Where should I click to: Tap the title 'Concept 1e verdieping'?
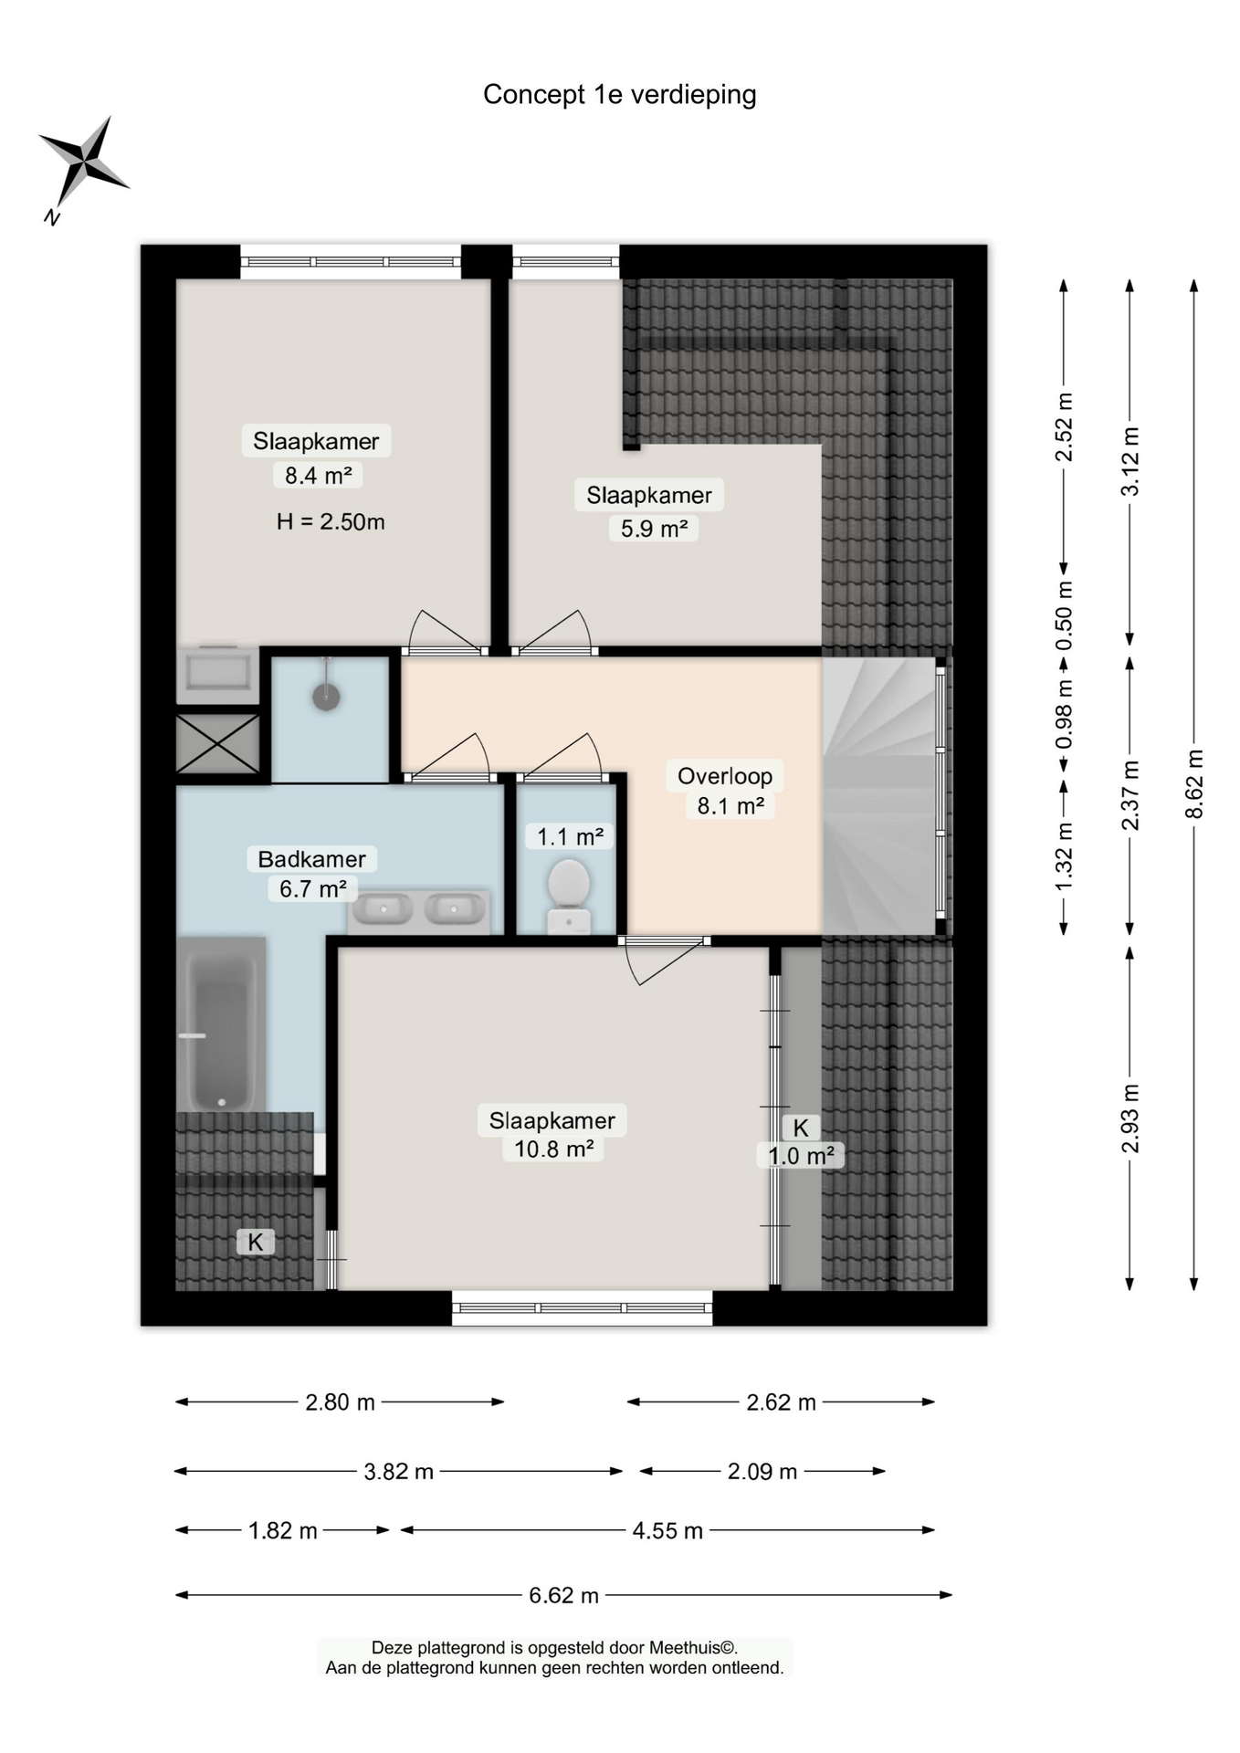[619, 95]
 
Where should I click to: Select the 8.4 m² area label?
[318, 475]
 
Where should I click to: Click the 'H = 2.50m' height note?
[331, 521]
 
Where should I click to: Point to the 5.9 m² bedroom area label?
[654, 529]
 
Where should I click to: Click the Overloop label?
[725, 776]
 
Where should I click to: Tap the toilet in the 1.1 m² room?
[569, 895]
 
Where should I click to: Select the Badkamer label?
[311, 859]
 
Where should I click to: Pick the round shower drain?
[326, 698]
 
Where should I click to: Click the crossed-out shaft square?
[217, 743]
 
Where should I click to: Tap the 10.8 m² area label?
[553, 1149]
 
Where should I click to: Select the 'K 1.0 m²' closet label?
[801, 1142]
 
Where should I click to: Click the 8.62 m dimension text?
[1194, 784]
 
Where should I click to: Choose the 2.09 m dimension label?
[762, 1471]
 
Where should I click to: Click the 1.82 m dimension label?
[283, 1530]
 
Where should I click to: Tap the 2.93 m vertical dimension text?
[1130, 1118]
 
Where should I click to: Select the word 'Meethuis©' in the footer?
[692, 1648]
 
